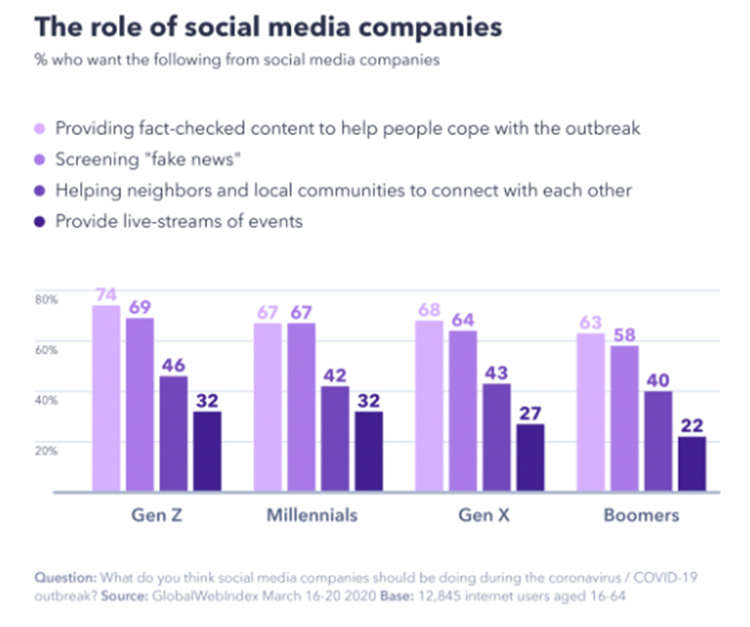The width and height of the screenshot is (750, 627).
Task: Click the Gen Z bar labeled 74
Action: point(106,399)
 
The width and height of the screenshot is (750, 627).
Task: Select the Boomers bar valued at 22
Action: point(692,464)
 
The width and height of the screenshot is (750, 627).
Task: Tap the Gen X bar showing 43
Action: point(497,437)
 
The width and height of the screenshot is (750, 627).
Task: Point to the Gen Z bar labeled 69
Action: point(139,405)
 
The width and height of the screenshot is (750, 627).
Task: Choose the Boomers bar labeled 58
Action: point(625,418)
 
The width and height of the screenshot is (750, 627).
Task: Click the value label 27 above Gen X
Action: point(531,412)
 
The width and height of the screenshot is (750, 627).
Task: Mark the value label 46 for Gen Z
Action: point(173,364)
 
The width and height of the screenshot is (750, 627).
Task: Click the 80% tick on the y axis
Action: point(46,299)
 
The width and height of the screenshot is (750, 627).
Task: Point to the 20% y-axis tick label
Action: point(46,449)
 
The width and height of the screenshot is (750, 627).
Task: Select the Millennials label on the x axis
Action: point(312,515)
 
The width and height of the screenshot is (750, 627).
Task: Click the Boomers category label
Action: point(641,515)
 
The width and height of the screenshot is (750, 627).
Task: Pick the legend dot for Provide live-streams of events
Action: point(41,221)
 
